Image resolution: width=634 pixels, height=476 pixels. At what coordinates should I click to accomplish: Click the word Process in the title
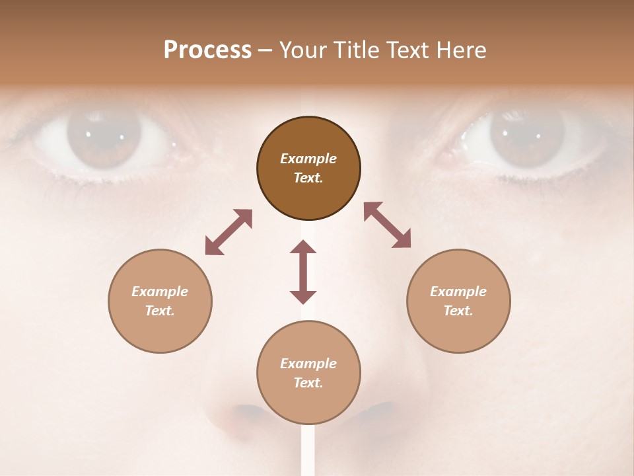[207, 50]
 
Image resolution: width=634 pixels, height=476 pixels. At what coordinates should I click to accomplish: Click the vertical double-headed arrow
[303, 272]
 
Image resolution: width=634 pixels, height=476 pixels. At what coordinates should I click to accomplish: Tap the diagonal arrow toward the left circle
[229, 232]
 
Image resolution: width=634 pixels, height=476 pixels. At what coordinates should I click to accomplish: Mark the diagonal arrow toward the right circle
[387, 225]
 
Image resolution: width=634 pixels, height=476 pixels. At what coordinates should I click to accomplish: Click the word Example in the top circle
[308, 159]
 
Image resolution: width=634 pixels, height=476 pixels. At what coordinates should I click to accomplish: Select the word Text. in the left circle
[160, 311]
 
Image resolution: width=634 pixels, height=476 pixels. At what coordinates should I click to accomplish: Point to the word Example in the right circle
[458, 292]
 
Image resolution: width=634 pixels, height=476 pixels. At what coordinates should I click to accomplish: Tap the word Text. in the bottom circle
[308, 383]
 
